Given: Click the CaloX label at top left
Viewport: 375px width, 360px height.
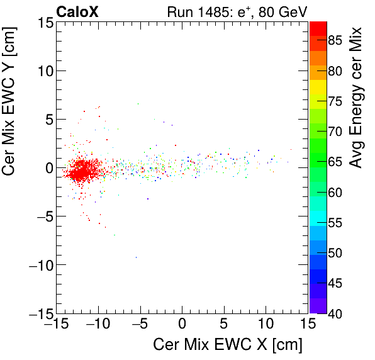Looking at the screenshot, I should pos(77,11).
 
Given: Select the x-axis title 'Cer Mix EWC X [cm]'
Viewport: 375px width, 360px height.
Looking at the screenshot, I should pos(228,345).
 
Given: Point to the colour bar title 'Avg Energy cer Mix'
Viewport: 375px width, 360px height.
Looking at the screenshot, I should pos(356,98).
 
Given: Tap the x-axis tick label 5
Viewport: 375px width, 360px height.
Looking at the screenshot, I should pos(224,325).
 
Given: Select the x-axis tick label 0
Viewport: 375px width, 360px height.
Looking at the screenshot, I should pos(182,325).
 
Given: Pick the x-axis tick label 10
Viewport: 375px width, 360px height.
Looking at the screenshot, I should pos(266,325).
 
